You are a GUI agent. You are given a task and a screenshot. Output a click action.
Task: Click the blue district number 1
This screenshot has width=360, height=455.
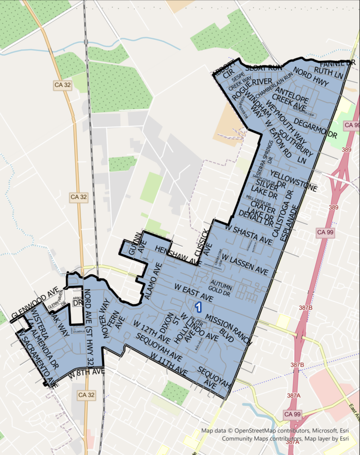point(199,307)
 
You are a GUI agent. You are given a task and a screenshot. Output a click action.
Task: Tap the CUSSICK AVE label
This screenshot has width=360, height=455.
point(207,242)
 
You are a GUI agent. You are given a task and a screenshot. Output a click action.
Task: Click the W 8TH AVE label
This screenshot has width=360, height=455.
point(86,375)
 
